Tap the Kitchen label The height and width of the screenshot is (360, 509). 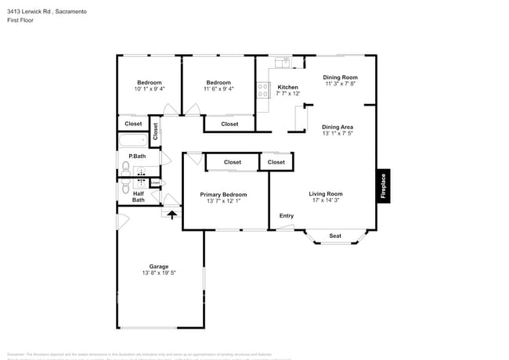(287, 87)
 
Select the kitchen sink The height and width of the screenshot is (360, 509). (283, 61)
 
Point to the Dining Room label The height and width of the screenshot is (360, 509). (341, 77)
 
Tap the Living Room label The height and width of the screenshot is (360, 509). (325, 193)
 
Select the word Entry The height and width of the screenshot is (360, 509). (287, 216)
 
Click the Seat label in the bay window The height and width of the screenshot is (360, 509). (335, 236)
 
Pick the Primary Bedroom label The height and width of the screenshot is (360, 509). (223, 194)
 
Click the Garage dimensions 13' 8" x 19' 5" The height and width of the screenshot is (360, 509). (159, 273)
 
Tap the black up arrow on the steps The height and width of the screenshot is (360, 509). (172, 213)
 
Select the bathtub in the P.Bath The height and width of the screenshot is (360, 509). (132, 142)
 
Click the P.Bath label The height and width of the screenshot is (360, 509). (137, 157)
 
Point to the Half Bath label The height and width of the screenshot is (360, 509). (138, 196)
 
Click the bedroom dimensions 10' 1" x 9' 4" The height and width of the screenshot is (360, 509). (150, 89)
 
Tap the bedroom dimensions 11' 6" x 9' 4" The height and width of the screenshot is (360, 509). (218, 89)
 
